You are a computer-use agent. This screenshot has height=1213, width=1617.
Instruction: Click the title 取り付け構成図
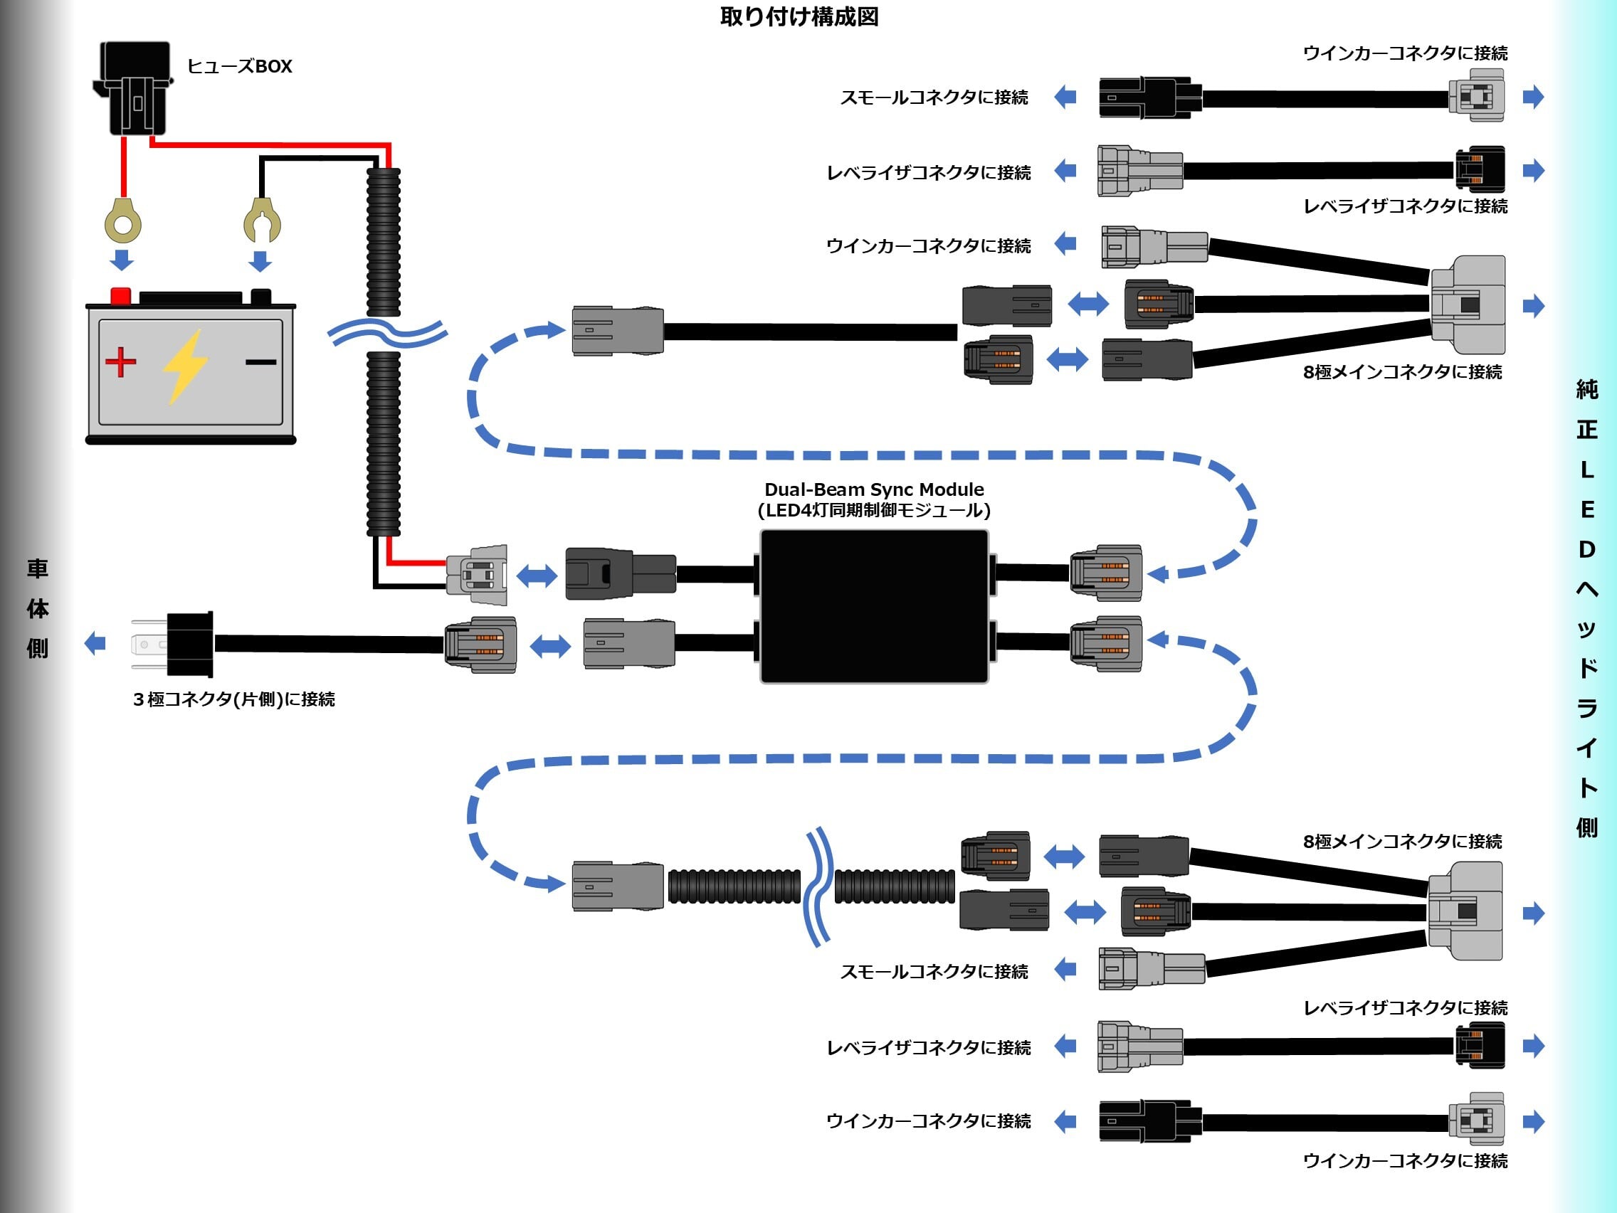[799, 17]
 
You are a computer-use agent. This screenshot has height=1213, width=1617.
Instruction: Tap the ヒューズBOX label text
[240, 66]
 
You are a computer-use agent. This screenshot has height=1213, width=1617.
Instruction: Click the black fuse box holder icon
[133, 88]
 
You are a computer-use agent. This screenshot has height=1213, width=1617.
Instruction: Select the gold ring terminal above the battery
[123, 221]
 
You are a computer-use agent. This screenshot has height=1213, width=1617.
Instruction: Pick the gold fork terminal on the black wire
[262, 220]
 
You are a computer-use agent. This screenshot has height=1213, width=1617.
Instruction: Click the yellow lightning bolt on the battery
[184, 366]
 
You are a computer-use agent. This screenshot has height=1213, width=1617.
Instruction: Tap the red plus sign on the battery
[120, 361]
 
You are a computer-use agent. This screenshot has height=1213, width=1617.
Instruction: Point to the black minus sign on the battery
[260, 361]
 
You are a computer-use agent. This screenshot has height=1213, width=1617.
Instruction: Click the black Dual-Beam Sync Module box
[874, 606]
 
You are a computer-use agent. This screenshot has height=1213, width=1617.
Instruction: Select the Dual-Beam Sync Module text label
[874, 500]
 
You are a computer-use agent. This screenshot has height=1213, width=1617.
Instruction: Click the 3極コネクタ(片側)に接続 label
[234, 700]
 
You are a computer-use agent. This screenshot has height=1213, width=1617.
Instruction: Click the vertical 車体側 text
[37, 608]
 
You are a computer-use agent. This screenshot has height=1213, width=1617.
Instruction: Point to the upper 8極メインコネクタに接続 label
[1402, 373]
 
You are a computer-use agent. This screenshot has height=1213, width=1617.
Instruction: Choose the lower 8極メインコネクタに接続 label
[1402, 842]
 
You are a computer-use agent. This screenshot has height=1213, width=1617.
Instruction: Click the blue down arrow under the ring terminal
[122, 260]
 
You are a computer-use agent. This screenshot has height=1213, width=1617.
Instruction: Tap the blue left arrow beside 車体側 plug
[95, 644]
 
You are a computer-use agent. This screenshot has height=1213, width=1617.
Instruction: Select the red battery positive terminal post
[120, 296]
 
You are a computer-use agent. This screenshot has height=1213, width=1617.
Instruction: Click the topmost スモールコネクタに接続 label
[934, 97]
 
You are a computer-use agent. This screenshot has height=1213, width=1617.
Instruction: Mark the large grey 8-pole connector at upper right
[1468, 304]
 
